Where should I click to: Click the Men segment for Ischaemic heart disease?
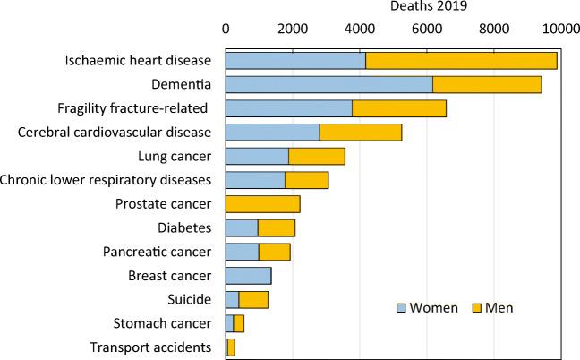[x=461, y=61]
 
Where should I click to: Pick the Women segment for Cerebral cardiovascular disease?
[x=272, y=133]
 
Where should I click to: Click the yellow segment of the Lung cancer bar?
[x=317, y=156]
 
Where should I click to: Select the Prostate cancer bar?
[x=262, y=203]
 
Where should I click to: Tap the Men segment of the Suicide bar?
[x=253, y=299]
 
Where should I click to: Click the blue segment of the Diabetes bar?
[x=242, y=227]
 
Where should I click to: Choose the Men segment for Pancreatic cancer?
[x=274, y=252]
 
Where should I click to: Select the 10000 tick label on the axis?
[x=561, y=29]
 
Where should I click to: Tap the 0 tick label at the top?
[x=226, y=29]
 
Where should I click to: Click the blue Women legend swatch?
[x=403, y=308]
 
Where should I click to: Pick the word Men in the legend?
[x=499, y=308]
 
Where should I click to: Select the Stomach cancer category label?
[x=162, y=323]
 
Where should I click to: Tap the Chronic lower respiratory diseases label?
[x=106, y=180]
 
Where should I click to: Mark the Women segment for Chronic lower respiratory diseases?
[x=255, y=180]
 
